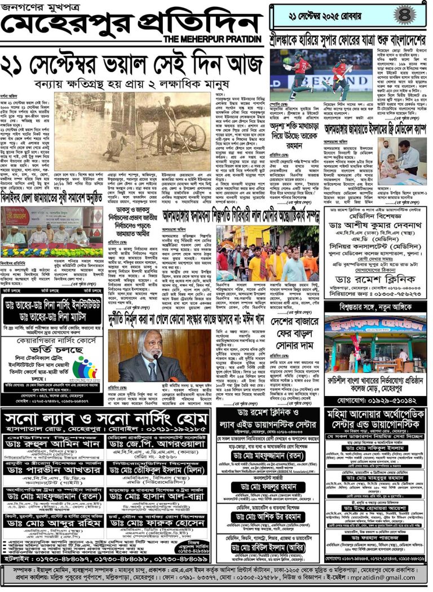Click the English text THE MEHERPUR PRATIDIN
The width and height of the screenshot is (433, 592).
tap(213, 38)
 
